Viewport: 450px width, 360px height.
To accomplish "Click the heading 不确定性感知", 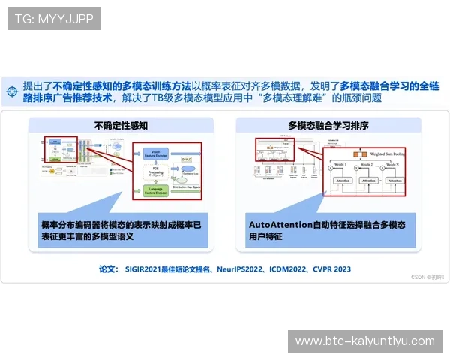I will (121, 126).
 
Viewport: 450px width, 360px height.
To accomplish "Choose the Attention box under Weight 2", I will (367, 181).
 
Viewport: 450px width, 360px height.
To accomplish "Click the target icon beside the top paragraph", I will (11, 91).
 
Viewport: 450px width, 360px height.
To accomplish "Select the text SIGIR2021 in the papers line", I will (145, 268).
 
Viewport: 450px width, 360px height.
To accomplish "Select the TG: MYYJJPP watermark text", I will (54, 18).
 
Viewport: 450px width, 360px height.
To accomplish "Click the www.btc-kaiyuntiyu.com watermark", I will (365, 341).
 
